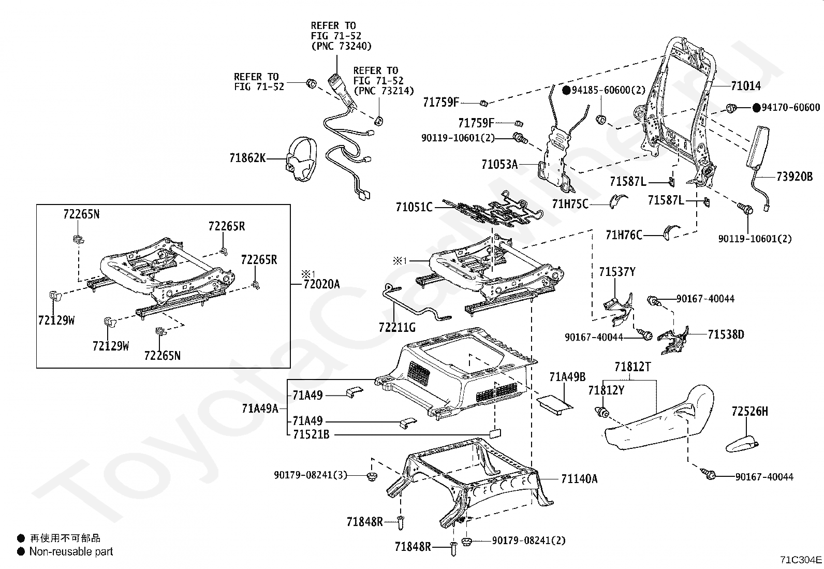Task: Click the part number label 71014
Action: (746, 86)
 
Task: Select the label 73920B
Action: (794, 177)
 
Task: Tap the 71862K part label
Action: (247, 158)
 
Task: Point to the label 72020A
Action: (321, 284)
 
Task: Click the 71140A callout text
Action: (579, 479)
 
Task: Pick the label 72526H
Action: (749, 411)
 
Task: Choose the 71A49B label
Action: (567, 377)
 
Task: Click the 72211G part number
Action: (397, 327)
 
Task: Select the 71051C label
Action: (414, 207)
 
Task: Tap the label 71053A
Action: (499, 164)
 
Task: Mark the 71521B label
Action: (311, 435)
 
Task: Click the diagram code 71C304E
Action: (801, 560)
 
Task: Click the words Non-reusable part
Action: (71, 551)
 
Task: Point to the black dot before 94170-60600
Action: (756, 108)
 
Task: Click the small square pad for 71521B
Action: (495, 433)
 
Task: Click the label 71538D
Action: (726, 334)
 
